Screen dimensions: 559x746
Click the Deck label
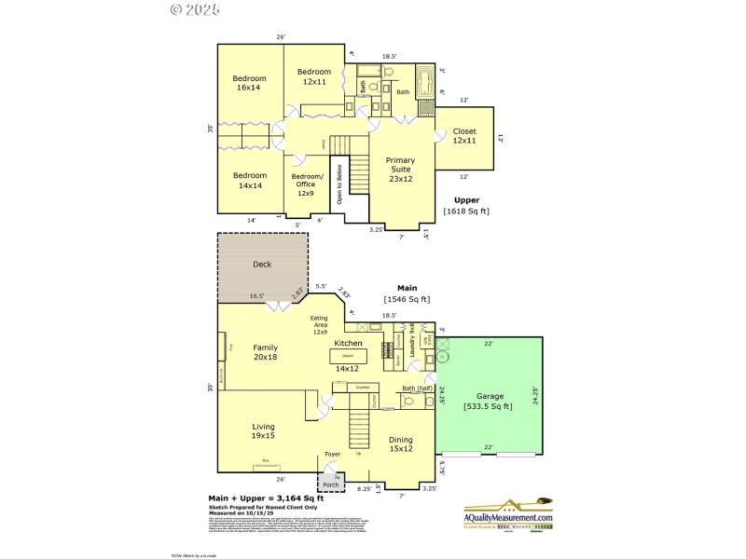coord(262,265)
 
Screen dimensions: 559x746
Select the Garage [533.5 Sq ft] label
coord(490,401)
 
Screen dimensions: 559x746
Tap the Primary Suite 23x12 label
coord(400,169)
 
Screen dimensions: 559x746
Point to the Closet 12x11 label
coord(464,136)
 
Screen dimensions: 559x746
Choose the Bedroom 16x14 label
coord(249,83)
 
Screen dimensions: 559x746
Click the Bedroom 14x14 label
coord(249,181)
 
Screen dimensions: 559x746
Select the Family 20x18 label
coord(265,352)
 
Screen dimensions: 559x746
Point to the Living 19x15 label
coord(263,431)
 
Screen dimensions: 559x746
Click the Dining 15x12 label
coord(401,443)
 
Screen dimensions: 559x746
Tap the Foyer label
coord(332,455)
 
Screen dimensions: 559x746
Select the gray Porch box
coord(331,481)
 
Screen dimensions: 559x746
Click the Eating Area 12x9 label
coord(320,325)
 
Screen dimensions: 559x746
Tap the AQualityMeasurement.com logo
coord(508,512)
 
